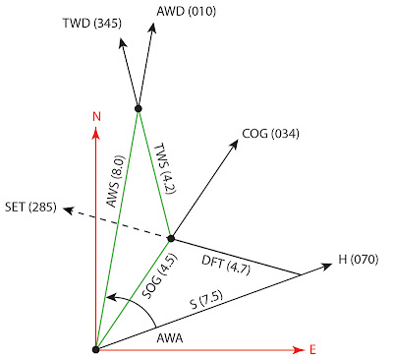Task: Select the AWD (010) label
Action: click(187, 11)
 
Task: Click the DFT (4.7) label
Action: click(226, 265)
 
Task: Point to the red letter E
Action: click(312, 349)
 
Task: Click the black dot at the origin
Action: click(95, 349)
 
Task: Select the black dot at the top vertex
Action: click(139, 108)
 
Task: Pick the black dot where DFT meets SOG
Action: click(171, 238)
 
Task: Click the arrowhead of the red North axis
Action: click(95, 132)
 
